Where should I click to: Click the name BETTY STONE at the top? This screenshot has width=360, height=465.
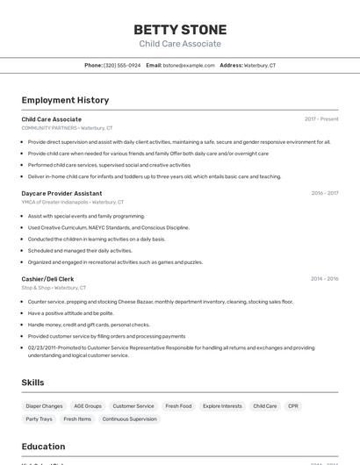pyautogui.click(x=180, y=29)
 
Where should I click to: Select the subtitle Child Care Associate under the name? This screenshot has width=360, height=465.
pyautogui.click(x=180, y=44)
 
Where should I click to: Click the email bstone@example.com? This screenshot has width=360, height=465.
pyautogui.click(x=188, y=65)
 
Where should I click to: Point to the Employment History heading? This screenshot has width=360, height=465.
pyautogui.click(x=65, y=100)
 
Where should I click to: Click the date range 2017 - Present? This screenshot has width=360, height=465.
pyautogui.click(x=321, y=119)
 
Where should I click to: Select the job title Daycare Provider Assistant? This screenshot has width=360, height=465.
pyautogui.click(x=61, y=193)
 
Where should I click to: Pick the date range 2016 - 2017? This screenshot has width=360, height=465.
pyautogui.click(x=324, y=193)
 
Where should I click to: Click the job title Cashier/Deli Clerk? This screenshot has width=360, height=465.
pyautogui.click(x=47, y=279)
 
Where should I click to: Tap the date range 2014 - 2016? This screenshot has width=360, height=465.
pyautogui.click(x=324, y=279)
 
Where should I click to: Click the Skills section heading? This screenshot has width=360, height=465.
pyautogui.click(x=33, y=383)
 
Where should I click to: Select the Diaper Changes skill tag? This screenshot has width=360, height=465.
pyautogui.click(x=44, y=406)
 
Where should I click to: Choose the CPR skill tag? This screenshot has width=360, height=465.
pyautogui.click(x=293, y=406)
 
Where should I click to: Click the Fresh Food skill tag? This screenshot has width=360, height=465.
pyautogui.click(x=178, y=406)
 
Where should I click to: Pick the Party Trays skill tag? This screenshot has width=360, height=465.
pyautogui.click(x=39, y=419)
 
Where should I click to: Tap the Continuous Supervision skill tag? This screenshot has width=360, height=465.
pyautogui.click(x=129, y=419)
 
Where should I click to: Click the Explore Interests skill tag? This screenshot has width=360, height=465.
pyautogui.click(x=222, y=406)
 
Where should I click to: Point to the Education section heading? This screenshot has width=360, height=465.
pyautogui.click(x=43, y=447)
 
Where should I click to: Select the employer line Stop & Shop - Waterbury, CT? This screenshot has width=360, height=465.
pyautogui.click(x=54, y=288)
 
